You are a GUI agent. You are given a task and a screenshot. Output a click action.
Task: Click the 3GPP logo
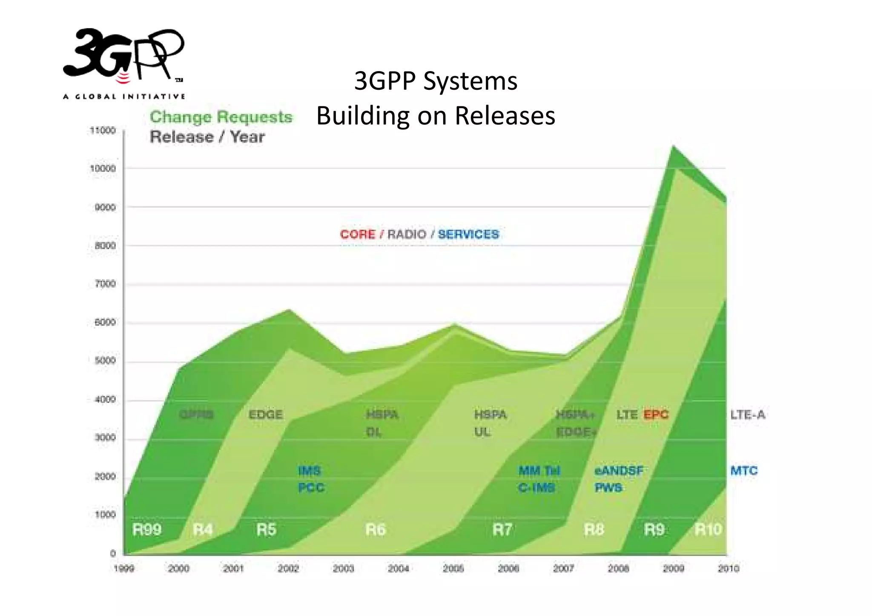pyautogui.click(x=123, y=62)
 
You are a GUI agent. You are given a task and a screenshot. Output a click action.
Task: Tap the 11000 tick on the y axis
pyautogui.click(x=103, y=131)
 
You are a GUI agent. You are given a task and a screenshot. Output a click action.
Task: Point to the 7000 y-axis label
pyautogui.click(x=105, y=284)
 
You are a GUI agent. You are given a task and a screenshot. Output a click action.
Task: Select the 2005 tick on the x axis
pyautogui.click(x=453, y=568)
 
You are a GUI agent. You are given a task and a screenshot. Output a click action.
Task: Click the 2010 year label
pyautogui.click(x=728, y=568)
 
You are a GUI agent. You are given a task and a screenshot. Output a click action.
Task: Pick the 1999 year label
pyautogui.click(x=124, y=568)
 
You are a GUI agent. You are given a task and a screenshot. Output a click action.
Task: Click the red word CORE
pyautogui.click(x=357, y=235)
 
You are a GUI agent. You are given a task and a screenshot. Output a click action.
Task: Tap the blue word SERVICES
pyautogui.click(x=468, y=235)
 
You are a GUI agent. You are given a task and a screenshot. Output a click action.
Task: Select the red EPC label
pyautogui.click(x=656, y=415)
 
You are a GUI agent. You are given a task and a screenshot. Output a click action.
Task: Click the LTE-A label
pyautogui.click(x=748, y=415)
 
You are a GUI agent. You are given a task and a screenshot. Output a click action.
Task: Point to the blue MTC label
pyautogui.click(x=744, y=471)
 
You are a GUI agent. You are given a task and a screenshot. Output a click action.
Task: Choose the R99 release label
pyautogui.click(x=147, y=530)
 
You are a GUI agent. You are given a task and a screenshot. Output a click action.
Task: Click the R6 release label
pyautogui.click(x=375, y=530)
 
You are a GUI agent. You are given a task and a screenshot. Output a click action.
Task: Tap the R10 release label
pyautogui.click(x=708, y=530)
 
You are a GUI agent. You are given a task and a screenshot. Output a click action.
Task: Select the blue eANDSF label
pyautogui.click(x=618, y=471)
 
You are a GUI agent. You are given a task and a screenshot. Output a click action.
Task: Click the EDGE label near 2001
pyautogui.click(x=266, y=415)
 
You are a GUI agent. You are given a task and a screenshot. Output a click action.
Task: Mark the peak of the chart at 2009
pyautogui.click(x=673, y=146)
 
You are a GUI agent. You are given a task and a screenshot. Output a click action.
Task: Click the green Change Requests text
pyautogui.click(x=221, y=117)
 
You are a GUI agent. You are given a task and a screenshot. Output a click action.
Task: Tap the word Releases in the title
pyautogui.click(x=505, y=115)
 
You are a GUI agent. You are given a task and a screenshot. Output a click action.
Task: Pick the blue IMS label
pyautogui.click(x=310, y=471)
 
